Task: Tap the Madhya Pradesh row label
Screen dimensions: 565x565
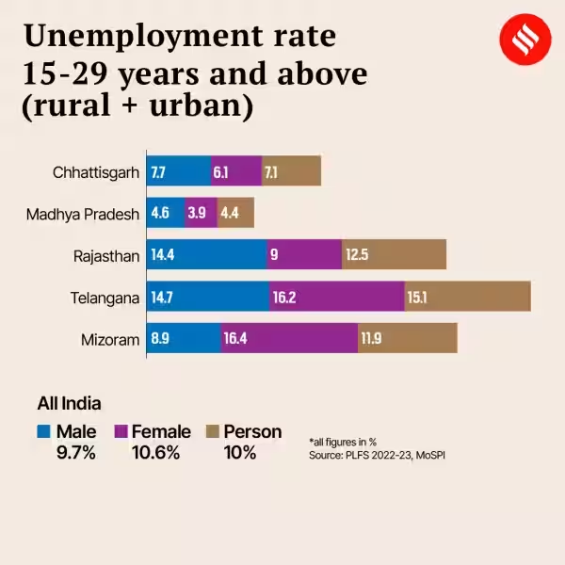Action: click(83, 214)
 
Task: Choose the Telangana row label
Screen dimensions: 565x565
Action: click(105, 298)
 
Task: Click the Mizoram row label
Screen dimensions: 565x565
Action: click(112, 339)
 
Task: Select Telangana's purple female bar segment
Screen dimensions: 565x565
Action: click(337, 297)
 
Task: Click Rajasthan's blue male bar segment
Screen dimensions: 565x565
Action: click(207, 254)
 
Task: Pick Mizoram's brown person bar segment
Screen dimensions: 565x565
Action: click(407, 338)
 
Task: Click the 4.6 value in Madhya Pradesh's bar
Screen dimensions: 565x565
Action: click(160, 214)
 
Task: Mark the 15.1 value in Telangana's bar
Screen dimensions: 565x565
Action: click(418, 298)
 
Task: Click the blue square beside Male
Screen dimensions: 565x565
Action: click(44, 432)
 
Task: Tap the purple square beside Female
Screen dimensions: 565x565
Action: click(121, 432)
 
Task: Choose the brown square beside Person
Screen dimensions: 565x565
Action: click(213, 432)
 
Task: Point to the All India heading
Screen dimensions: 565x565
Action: click(69, 404)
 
